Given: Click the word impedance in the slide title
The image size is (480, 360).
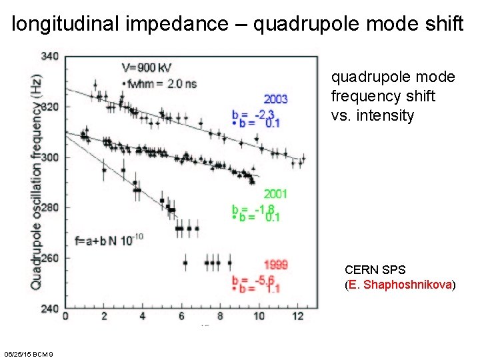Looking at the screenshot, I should [x=194, y=25].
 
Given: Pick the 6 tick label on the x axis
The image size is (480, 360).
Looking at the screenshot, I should [x=181, y=316].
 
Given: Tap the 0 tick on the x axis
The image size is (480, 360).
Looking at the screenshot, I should [x=65, y=316].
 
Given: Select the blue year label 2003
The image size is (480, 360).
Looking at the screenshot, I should [x=276, y=99].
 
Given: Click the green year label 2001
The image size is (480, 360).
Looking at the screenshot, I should [x=275, y=194].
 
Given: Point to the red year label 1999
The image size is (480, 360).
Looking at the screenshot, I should [x=275, y=265].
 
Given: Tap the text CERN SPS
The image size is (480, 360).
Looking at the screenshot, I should [x=375, y=270].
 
